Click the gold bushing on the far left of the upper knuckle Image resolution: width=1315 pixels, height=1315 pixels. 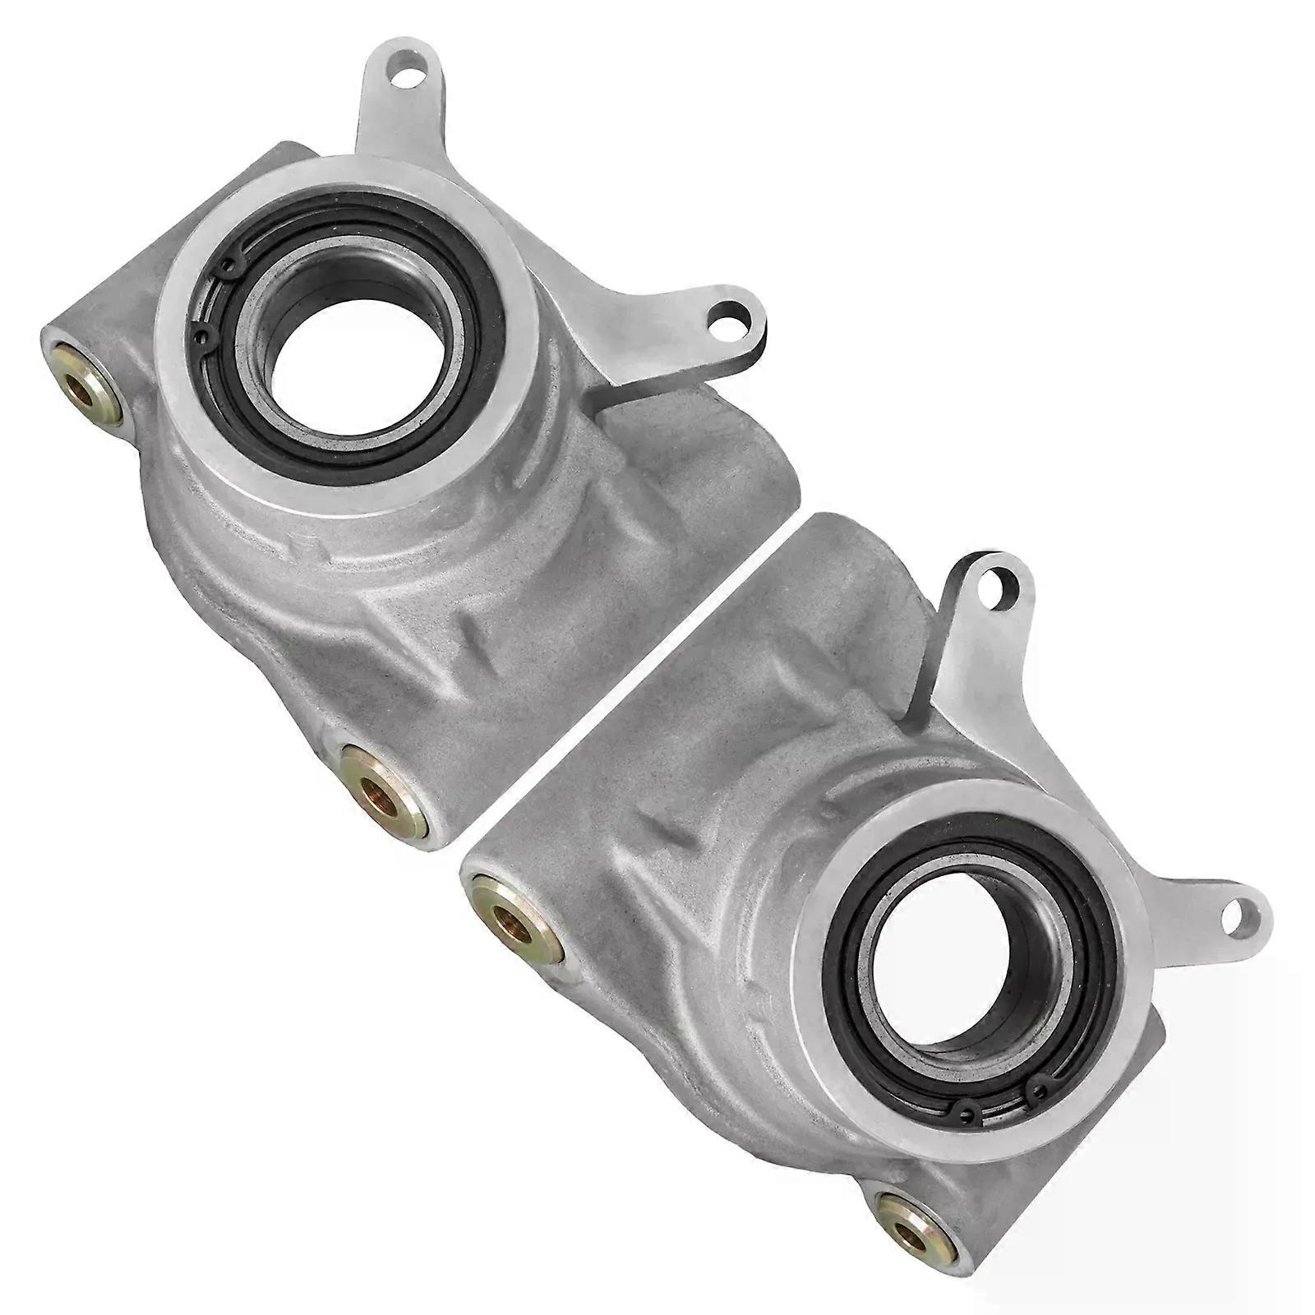tap(82, 384)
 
